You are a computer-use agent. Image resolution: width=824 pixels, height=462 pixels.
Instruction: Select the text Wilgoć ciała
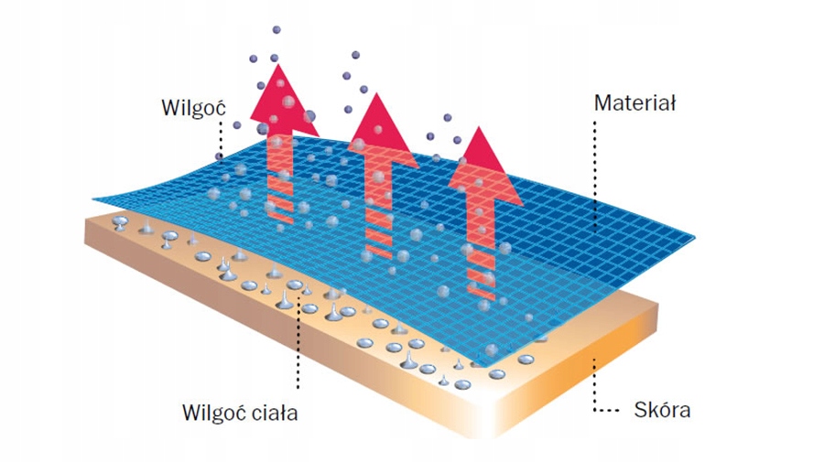click(240, 413)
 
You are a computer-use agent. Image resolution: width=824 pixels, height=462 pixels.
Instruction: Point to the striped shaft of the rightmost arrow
click(480, 252)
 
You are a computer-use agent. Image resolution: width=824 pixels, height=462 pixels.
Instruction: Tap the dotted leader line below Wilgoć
click(220, 137)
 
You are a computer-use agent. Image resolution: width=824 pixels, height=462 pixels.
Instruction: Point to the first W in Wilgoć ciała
click(190, 413)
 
